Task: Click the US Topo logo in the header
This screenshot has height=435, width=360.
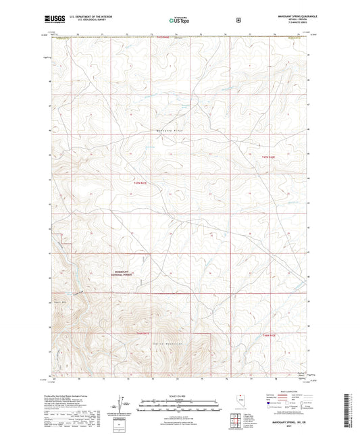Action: [x=179, y=21]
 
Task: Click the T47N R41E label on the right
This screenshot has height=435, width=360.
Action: [x=269, y=156]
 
